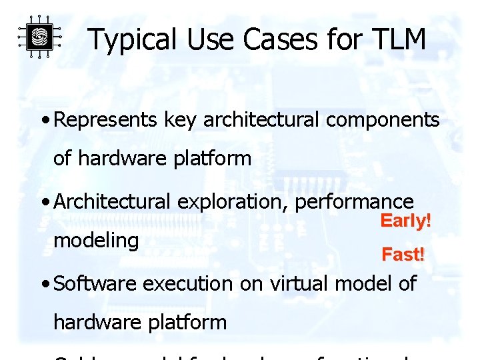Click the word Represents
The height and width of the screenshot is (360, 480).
(x=107, y=120)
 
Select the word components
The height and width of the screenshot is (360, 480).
(x=373, y=120)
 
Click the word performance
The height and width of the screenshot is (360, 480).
(x=354, y=201)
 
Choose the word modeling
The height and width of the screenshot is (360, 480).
(x=96, y=240)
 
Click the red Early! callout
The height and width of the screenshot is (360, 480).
(x=406, y=221)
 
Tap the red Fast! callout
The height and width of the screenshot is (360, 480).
(x=403, y=254)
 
